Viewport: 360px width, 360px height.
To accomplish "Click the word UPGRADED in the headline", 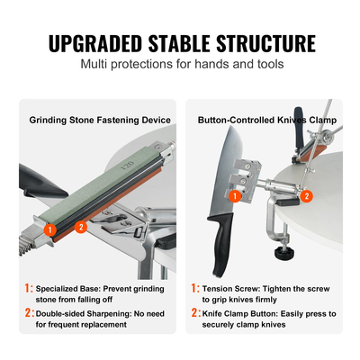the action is (x=95, y=44).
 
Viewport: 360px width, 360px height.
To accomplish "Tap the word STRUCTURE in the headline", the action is (x=265, y=44).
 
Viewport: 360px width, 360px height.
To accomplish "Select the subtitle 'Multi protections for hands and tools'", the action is (x=182, y=64).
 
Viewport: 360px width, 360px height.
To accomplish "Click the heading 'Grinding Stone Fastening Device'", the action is (x=100, y=121).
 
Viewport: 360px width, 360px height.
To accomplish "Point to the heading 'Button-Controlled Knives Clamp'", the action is (x=267, y=121).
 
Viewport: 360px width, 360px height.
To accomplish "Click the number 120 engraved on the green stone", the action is (x=127, y=166).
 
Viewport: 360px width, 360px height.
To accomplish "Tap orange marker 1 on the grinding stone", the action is (x=50, y=230).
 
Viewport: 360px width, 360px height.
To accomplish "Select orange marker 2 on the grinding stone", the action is (x=81, y=226).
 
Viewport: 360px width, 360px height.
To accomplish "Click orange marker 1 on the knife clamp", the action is (x=235, y=196).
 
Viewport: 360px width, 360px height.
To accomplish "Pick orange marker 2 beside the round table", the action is (x=307, y=196).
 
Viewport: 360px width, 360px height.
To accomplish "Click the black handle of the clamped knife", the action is (x=220, y=243).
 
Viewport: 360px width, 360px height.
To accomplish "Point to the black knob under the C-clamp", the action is (x=283, y=252).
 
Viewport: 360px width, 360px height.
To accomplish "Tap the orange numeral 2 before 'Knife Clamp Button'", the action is (x=195, y=313).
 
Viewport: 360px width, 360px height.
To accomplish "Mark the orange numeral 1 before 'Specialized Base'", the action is (x=28, y=288).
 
